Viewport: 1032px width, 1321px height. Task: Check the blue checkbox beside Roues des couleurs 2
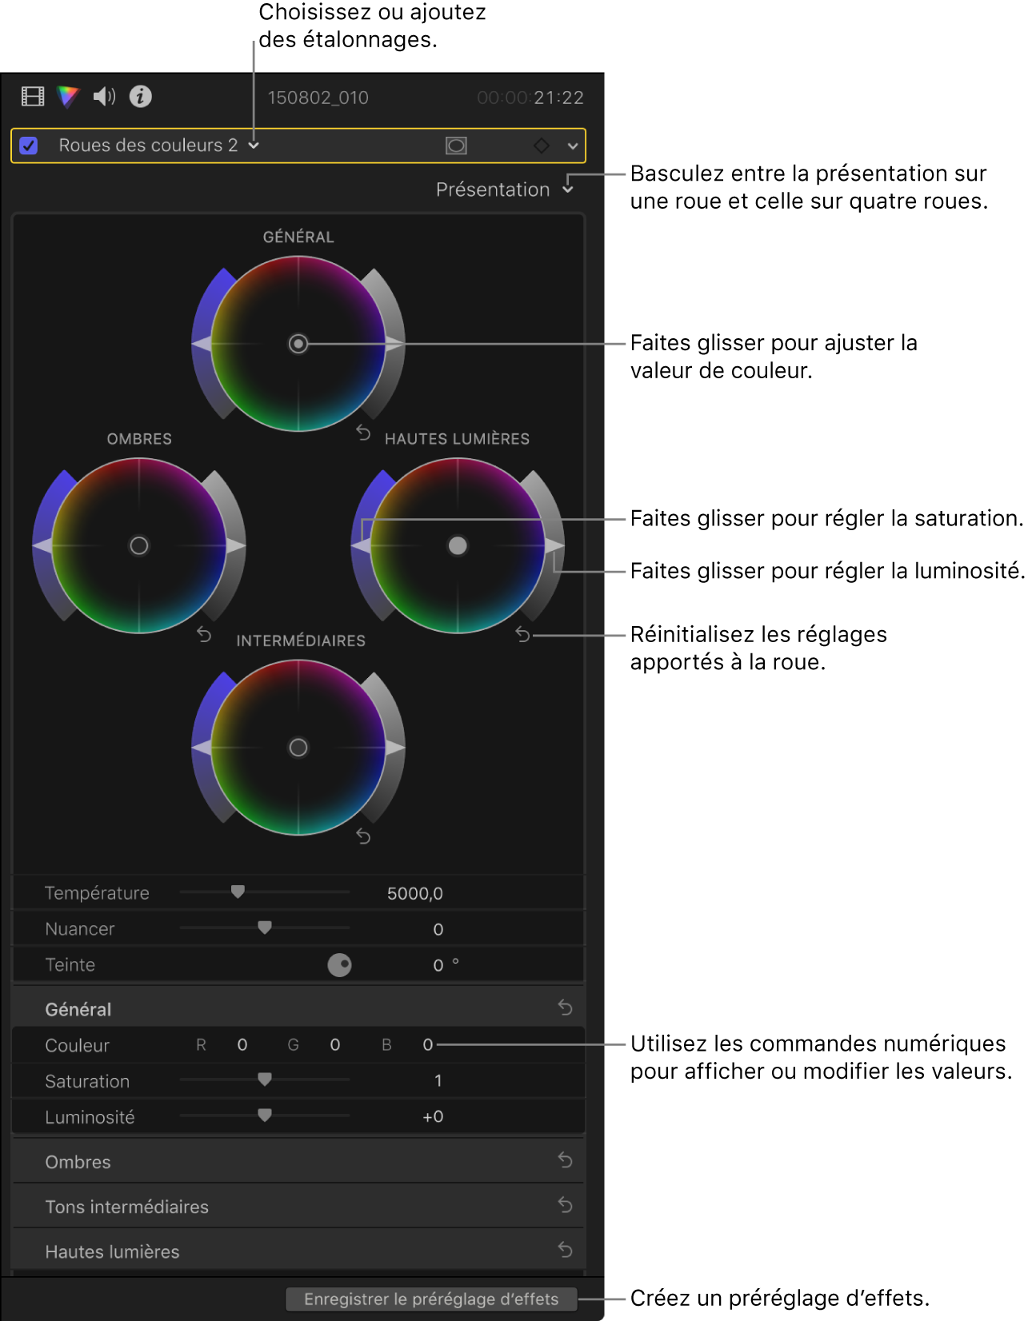tap(29, 146)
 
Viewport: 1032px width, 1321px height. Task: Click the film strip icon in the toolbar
tap(33, 97)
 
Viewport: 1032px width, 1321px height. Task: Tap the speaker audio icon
tap(104, 97)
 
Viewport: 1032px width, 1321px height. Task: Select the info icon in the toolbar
tap(141, 97)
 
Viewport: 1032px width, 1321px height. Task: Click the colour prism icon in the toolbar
tap(68, 97)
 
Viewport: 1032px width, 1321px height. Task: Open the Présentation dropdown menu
tap(504, 190)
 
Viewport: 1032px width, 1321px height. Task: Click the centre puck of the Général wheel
tap(298, 344)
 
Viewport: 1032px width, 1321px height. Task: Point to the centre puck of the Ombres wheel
tap(139, 545)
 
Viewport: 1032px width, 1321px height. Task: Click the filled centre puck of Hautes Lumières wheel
tap(458, 545)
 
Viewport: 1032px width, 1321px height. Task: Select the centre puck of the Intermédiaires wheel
tap(298, 748)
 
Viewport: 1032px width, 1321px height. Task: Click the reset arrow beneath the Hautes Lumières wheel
tap(522, 635)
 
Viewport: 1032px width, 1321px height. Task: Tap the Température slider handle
tap(238, 892)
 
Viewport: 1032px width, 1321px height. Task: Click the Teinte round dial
tap(339, 965)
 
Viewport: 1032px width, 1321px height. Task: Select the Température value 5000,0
tap(414, 893)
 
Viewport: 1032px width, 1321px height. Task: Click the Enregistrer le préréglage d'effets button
tap(431, 1299)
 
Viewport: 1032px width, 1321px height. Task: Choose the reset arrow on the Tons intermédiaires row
tap(565, 1205)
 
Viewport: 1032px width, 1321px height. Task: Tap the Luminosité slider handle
tap(265, 1115)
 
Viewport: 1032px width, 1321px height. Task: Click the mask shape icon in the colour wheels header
tap(456, 146)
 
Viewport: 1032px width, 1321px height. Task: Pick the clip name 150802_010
tap(318, 98)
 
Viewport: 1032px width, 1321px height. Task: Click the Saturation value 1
tap(438, 1081)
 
